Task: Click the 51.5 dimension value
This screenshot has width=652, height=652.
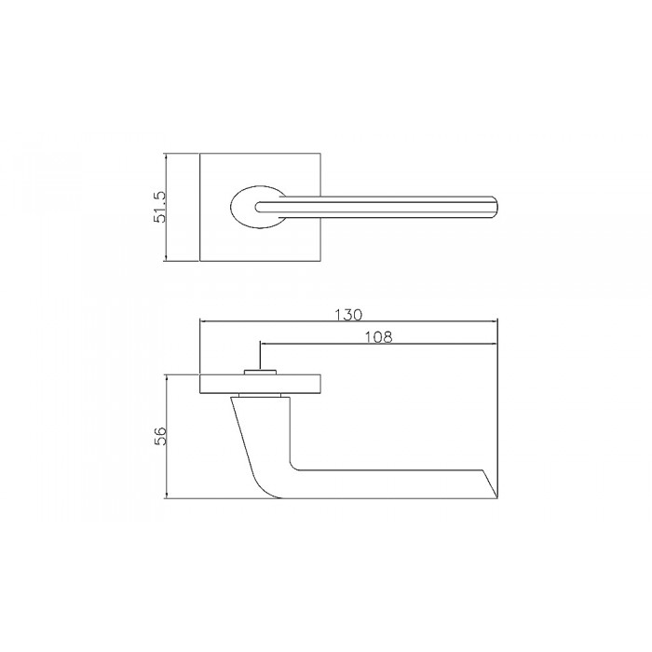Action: (x=160, y=207)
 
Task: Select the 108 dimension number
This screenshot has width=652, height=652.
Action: (x=376, y=337)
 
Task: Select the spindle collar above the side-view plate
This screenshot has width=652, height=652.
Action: (x=258, y=372)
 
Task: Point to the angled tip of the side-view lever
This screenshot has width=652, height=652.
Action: (x=492, y=484)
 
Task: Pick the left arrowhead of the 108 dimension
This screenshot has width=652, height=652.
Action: (x=262, y=344)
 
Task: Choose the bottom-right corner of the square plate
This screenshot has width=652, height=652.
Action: (x=321, y=261)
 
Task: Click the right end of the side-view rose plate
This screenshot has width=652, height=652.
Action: (x=322, y=384)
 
